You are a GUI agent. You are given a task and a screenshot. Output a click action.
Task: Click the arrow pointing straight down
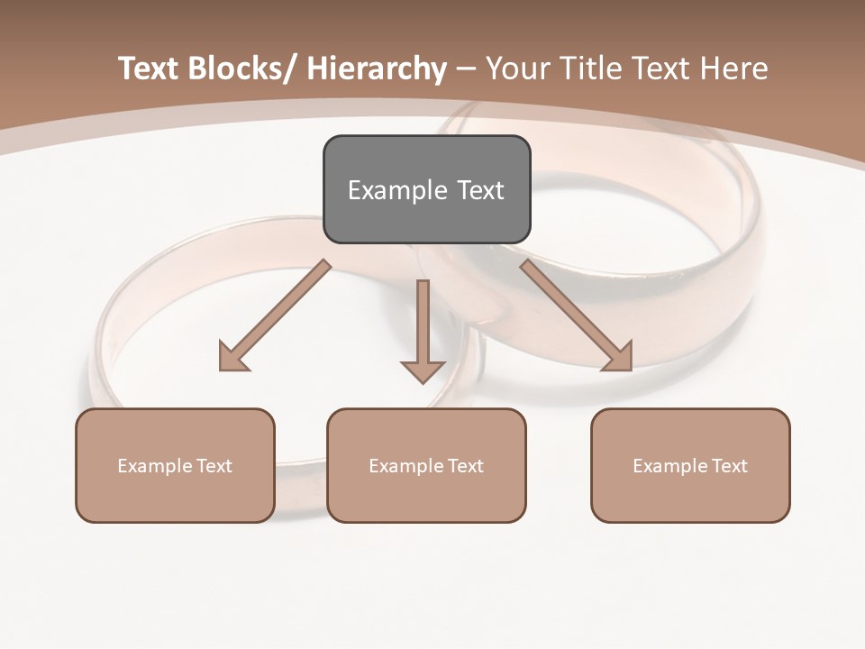pos(423,329)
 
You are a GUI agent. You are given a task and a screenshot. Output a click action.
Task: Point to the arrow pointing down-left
pos(275,315)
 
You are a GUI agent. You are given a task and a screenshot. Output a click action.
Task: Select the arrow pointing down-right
pos(577,315)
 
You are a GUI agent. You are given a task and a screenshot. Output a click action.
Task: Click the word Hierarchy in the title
pos(377,69)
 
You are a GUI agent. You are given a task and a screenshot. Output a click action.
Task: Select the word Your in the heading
pos(517,69)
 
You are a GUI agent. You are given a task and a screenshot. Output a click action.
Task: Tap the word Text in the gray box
pos(480,190)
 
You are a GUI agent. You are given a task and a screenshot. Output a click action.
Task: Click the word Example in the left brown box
pos(153,466)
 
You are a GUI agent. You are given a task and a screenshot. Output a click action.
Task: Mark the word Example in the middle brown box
pos(405,466)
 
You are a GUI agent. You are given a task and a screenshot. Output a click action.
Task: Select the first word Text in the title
pos(148,69)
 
